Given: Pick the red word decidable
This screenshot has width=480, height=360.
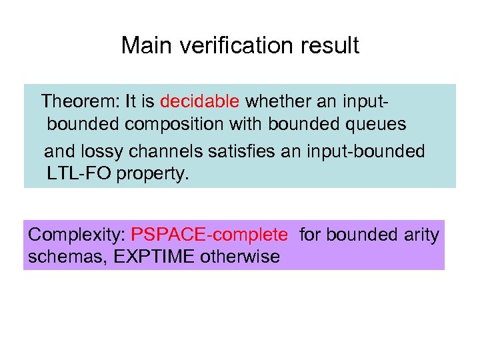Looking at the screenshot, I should [199, 101].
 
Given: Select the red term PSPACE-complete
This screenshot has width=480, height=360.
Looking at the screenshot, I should [209, 235].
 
